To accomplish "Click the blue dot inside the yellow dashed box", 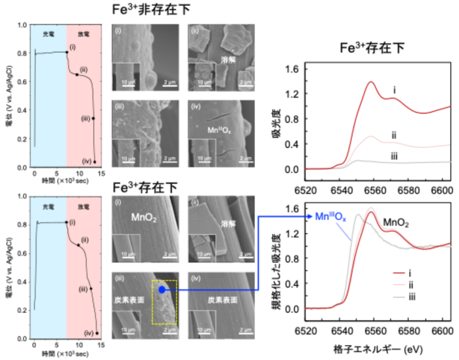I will [x=162, y=290].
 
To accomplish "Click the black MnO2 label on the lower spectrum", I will [x=396, y=221].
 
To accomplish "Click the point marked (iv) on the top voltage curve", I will [x=95, y=161].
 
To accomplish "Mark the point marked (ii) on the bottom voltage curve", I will [x=78, y=245].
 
